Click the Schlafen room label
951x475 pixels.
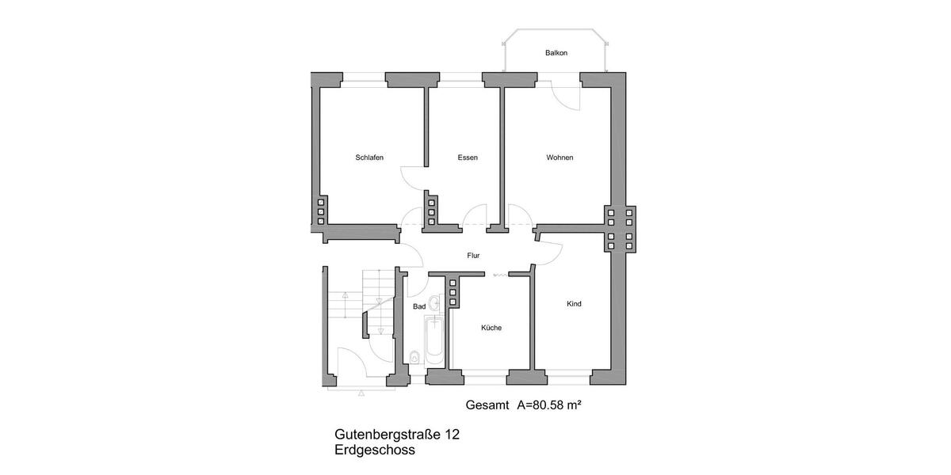pyautogui.click(x=369, y=158)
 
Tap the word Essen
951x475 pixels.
pyautogui.click(x=468, y=158)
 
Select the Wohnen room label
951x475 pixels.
pyautogui.click(x=560, y=158)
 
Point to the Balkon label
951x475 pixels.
pyautogui.click(x=556, y=53)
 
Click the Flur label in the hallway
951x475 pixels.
pyautogui.click(x=473, y=256)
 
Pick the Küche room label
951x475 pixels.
pyautogui.click(x=491, y=328)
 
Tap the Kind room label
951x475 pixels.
pyautogui.click(x=575, y=304)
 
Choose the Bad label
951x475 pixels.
pyautogui.click(x=419, y=306)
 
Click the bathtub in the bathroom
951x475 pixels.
pyautogui.click(x=433, y=340)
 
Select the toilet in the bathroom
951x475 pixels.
pyautogui.click(x=414, y=357)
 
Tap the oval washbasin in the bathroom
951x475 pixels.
pyautogui.click(x=434, y=306)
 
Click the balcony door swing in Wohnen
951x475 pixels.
pyautogui.click(x=567, y=95)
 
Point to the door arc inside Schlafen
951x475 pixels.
pyautogui.click(x=414, y=177)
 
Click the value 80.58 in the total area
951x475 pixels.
pyautogui.click(x=550, y=405)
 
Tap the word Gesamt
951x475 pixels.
pyautogui.click(x=487, y=405)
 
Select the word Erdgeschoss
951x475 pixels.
pyautogui.click(x=375, y=450)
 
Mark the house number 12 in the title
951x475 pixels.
pyautogui.click(x=451, y=435)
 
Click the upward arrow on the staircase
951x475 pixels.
pyautogui.click(x=346, y=301)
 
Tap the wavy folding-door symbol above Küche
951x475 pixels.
pyautogui.click(x=501, y=275)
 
